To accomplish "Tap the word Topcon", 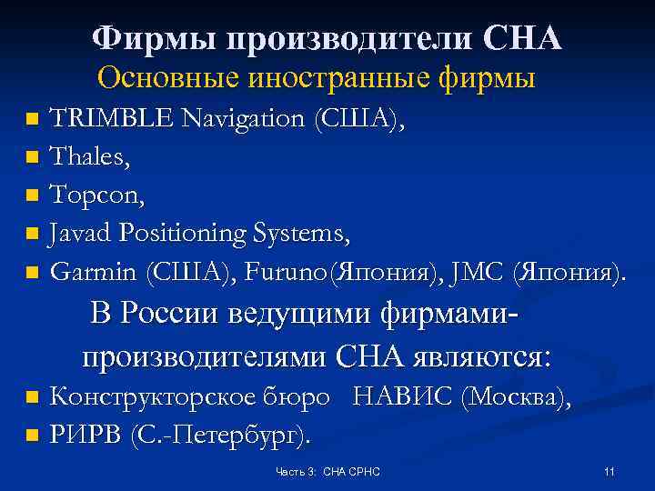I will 94,195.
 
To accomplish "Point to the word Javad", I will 83,233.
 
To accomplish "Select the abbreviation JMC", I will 483,272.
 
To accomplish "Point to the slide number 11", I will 609,472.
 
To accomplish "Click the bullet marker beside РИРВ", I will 33,436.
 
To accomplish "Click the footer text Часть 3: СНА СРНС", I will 327,472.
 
